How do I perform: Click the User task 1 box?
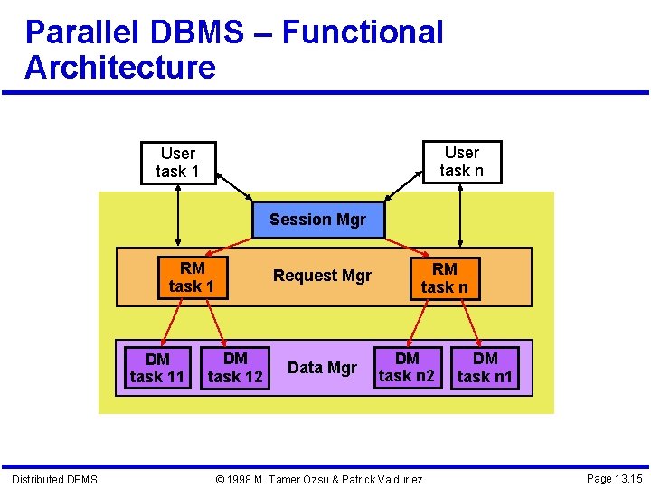point(177,163)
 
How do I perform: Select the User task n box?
point(461,162)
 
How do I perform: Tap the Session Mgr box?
point(318,220)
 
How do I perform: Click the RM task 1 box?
point(192,277)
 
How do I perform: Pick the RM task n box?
point(444,278)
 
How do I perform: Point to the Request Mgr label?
point(322,276)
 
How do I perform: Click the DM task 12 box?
point(235,368)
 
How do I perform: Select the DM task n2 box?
point(407,368)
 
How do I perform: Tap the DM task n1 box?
point(486,368)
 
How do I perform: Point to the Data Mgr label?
point(322,368)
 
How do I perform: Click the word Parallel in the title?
point(81,33)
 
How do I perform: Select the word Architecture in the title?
point(120,68)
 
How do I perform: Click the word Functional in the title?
point(363,33)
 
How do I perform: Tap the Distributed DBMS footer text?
point(54,479)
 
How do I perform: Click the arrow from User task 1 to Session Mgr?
point(236,186)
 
